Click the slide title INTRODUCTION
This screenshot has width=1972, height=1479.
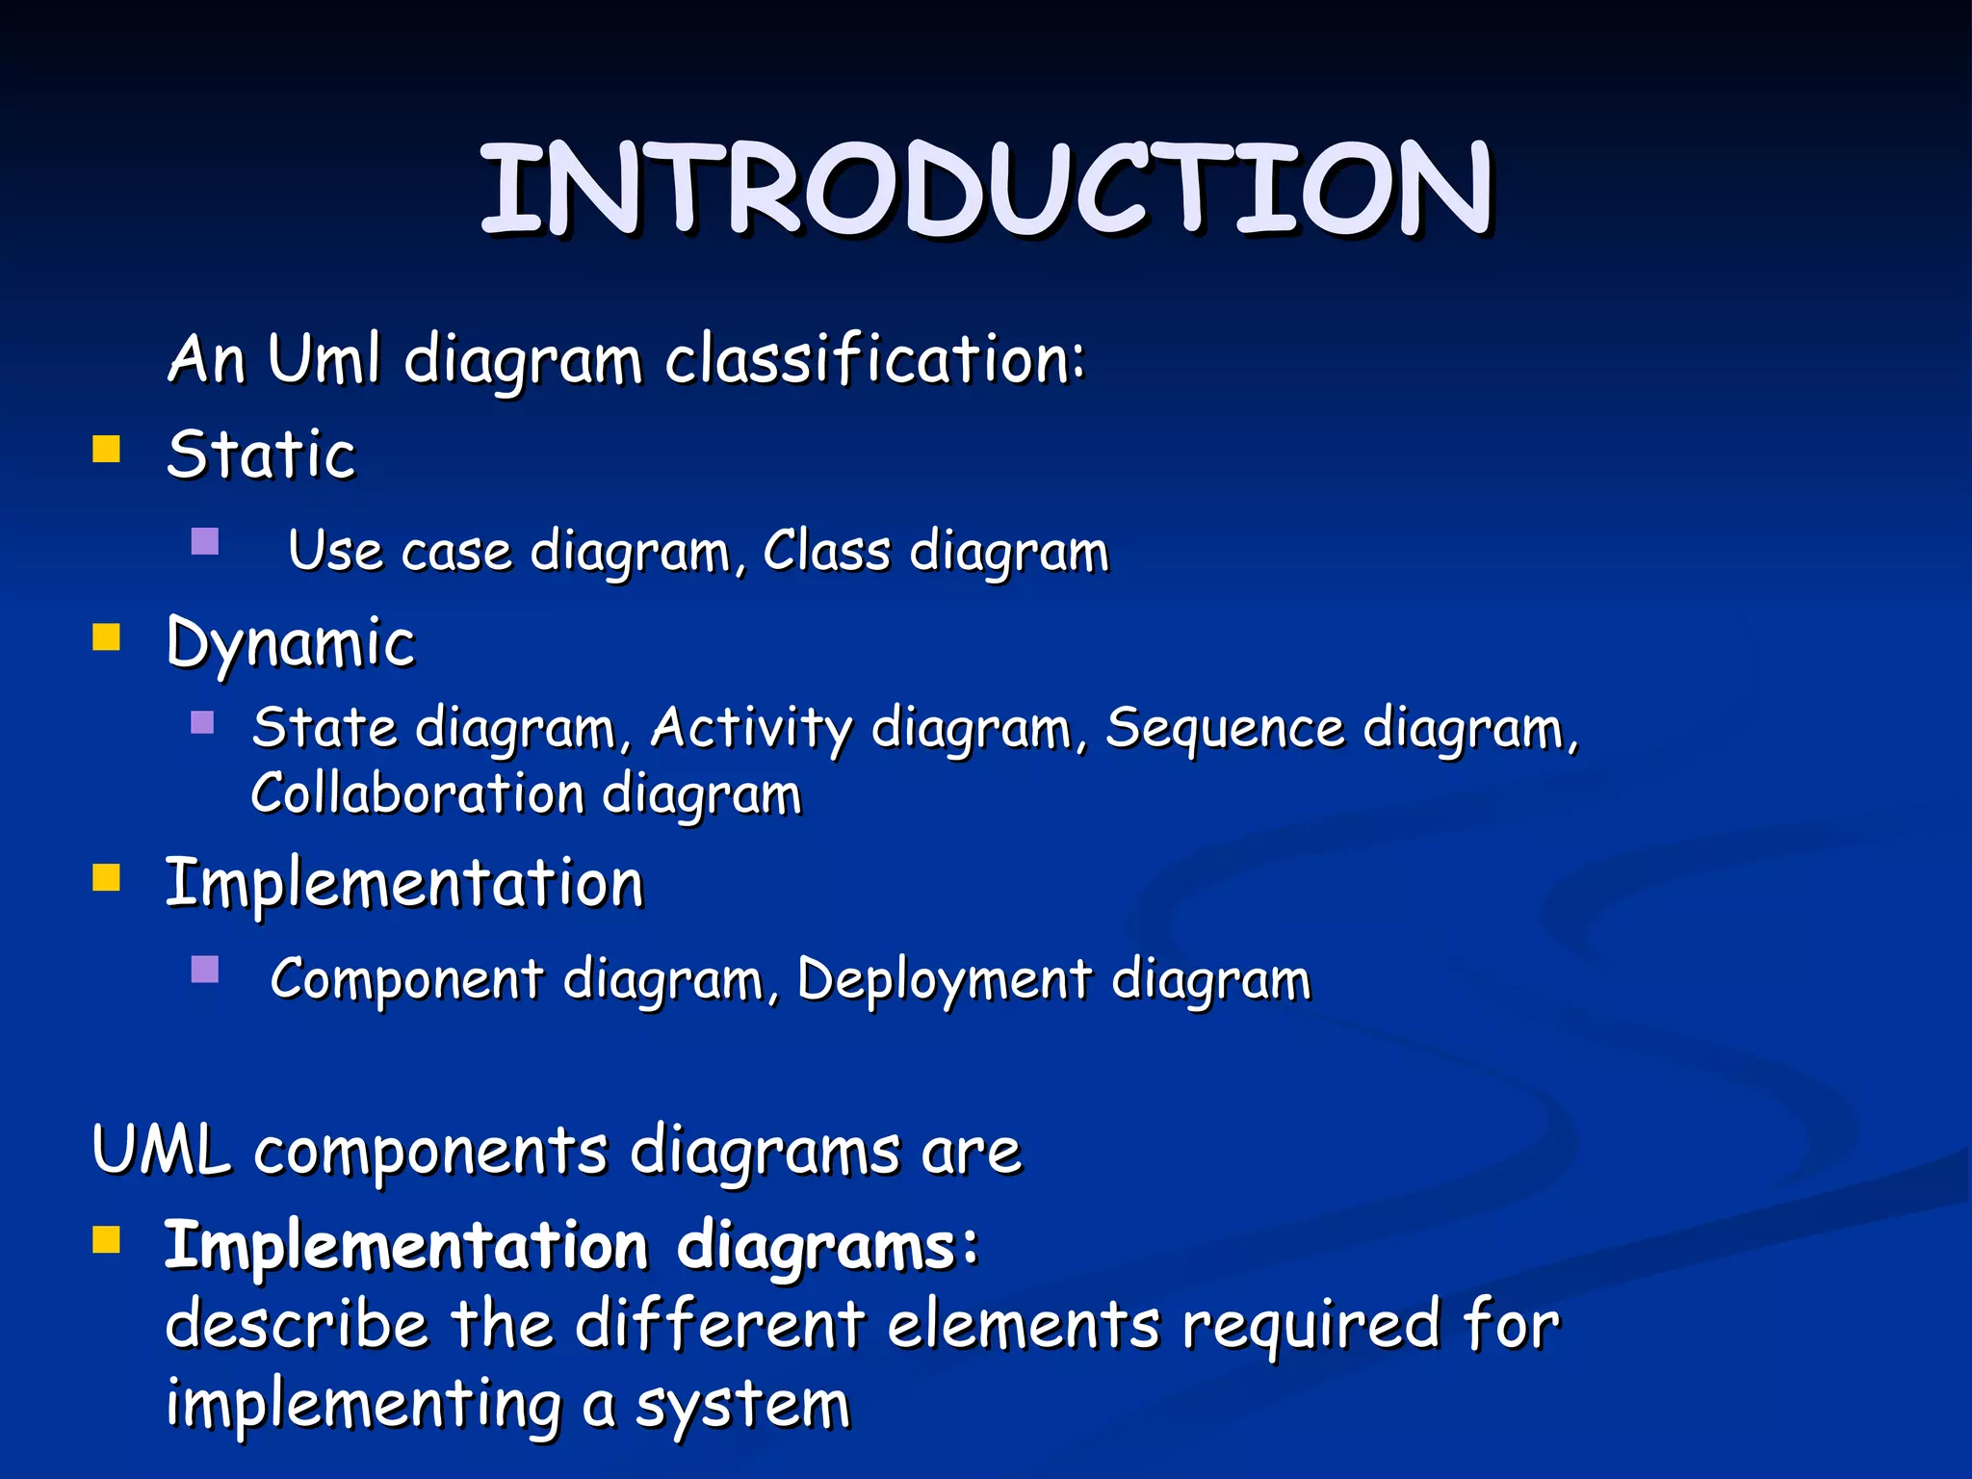(x=986, y=188)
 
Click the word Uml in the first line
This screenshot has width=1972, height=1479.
(x=324, y=359)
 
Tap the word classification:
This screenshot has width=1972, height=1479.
(x=875, y=359)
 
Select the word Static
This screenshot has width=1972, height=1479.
(x=261, y=454)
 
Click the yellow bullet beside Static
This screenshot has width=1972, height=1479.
(x=106, y=450)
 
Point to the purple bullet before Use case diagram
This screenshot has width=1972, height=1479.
(x=205, y=542)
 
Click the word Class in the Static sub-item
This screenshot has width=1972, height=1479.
(x=826, y=552)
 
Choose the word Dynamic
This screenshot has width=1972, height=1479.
(x=290, y=643)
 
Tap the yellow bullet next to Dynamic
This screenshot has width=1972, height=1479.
(x=106, y=637)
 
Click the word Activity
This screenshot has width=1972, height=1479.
(x=751, y=728)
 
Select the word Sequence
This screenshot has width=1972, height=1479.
(x=1225, y=728)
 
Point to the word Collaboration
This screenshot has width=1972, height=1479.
(x=417, y=794)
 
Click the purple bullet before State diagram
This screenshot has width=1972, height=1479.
(x=202, y=722)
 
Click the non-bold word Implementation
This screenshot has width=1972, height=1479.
(x=403, y=883)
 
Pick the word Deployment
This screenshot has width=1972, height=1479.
(x=945, y=979)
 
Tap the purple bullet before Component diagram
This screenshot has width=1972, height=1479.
(x=205, y=969)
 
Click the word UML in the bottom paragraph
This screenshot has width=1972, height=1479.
(x=161, y=1150)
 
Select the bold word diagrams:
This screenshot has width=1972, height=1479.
(x=828, y=1246)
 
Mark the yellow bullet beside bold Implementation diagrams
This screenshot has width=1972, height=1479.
(x=106, y=1240)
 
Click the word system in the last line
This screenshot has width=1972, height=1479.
(x=742, y=1405)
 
